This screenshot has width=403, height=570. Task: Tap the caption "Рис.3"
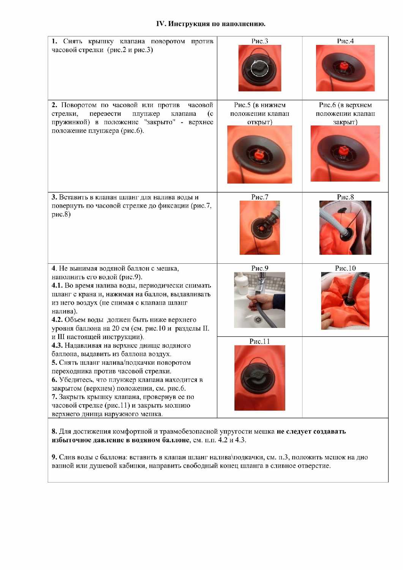click(259, 41)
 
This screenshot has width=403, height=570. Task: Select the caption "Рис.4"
click(345, 41)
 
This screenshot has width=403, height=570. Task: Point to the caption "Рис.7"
click(259, 197)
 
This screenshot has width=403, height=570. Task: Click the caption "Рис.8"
click(345, 197)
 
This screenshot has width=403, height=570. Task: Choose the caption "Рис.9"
click(259, 268)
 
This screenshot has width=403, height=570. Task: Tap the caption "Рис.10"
click(345, 268)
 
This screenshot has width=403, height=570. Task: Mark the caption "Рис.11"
click(259, 341)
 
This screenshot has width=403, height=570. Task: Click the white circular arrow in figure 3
click(260, 69)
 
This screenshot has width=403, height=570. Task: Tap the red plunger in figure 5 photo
click(259, 155)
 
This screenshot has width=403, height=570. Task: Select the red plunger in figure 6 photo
click(344, 151)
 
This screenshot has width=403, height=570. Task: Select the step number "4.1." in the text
click(57, 285)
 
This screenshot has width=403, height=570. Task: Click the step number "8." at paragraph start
click(54, 431)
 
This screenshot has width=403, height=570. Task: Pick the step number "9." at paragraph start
click(54, 457)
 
